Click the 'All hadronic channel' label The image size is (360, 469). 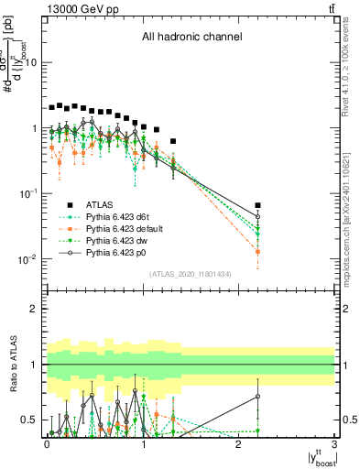[191, 38]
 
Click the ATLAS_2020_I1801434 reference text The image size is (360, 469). [191, 274]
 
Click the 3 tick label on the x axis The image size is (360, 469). [334, 442]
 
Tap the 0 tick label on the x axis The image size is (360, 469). [47, 442]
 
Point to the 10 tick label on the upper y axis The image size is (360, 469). [32, 63]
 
